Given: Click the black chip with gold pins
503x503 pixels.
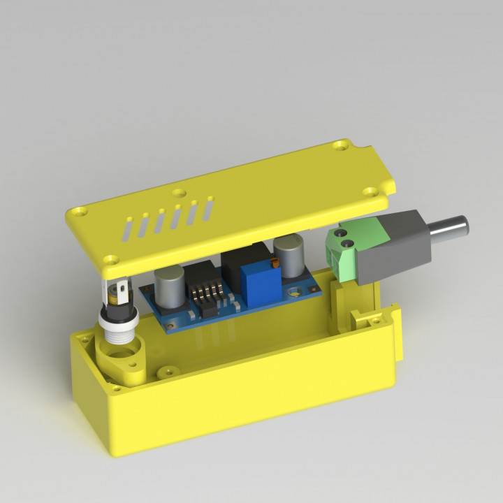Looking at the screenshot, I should (x=207, y=297).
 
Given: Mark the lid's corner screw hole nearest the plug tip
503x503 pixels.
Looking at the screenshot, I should (x=370, y=190).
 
